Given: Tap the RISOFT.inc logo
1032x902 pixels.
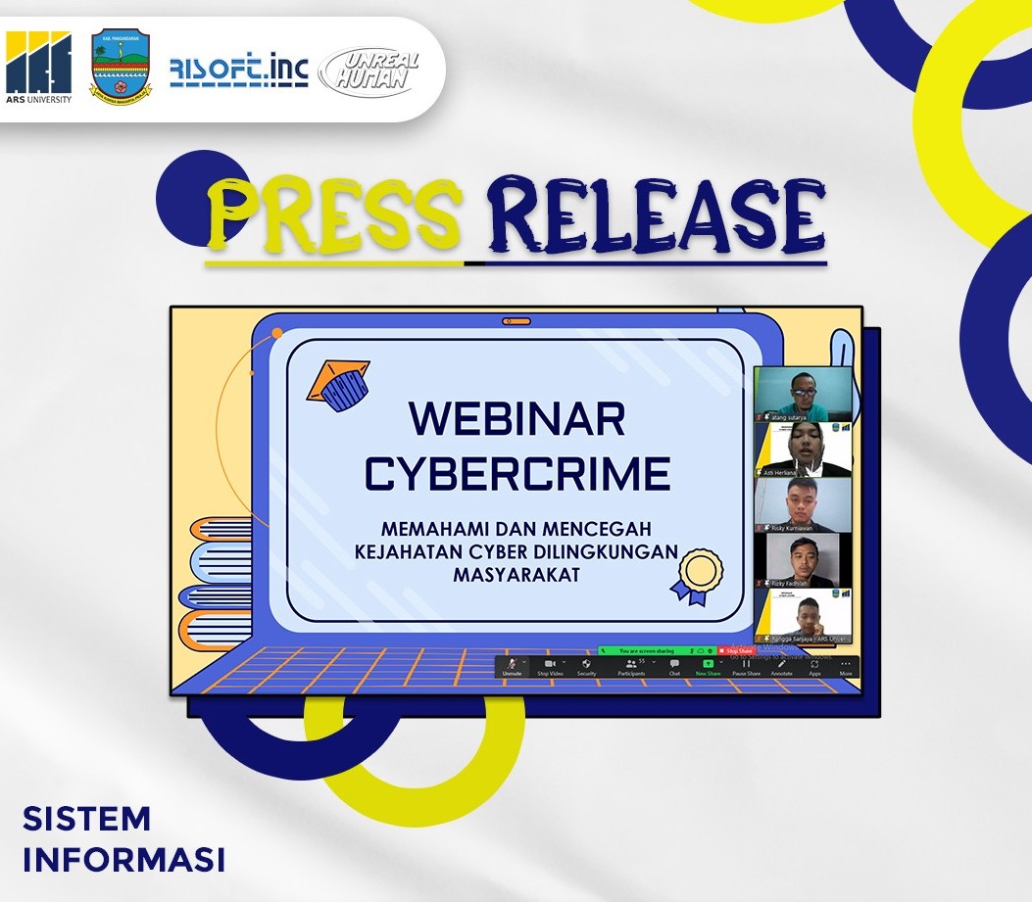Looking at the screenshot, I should pos(238,71).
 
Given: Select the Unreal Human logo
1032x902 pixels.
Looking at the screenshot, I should pos(369,71).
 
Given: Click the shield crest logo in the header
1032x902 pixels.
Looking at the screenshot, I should pos(121,67).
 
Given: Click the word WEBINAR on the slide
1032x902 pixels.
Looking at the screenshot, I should pos(516,419).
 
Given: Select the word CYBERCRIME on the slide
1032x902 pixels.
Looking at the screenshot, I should pos(516,473).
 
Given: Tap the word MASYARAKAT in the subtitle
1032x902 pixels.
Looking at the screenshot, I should pos(516,575).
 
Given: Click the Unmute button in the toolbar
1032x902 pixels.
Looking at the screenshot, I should pos(513,667).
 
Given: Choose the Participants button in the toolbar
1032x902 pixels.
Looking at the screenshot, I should pos(631,667).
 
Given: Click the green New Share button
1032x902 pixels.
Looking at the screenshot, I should pos(708,667).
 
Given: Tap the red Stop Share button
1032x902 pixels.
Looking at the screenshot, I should pos(736,650).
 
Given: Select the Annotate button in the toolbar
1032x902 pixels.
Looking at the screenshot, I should pos(781,667).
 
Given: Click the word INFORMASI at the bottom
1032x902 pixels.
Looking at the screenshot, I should pos(123,859).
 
